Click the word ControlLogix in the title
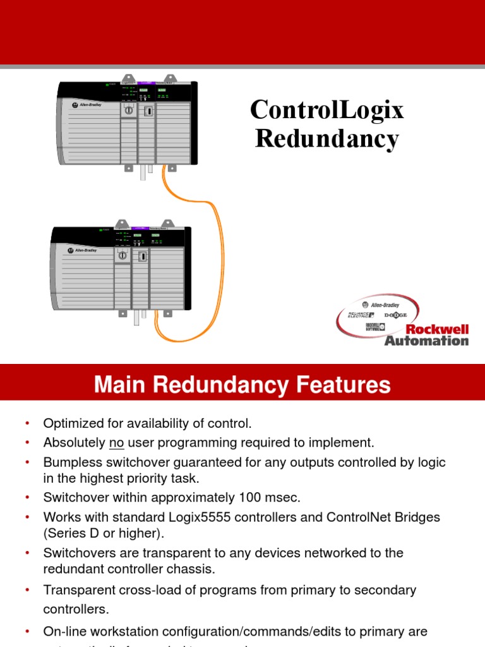tap(326, 110)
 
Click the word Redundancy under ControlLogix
tap(326, 138)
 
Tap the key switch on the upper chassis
tap(129, 110)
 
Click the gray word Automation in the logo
tap(427, 341)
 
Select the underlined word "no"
tap(116, 442)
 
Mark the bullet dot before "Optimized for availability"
tap(27, 423)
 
